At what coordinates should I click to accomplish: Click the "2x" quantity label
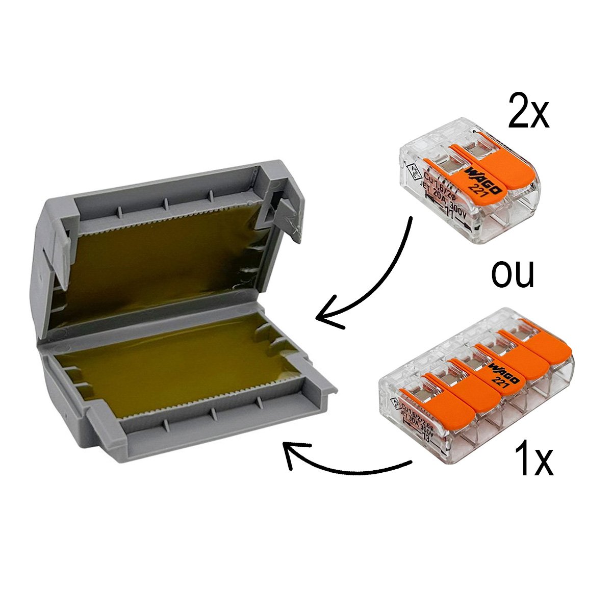coord(529,112)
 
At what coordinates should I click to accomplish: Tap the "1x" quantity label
coord(533,460)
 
